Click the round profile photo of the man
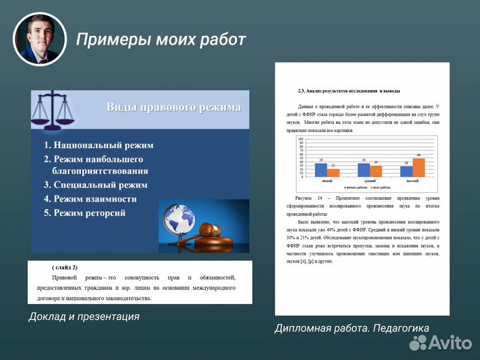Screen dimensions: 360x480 click(x=40, y=39)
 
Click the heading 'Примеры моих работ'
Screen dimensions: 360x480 click(x=161, y=39)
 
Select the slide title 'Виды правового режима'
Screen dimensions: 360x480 click(x=173, y=107)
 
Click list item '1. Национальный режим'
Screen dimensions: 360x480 click(x=99, y=145)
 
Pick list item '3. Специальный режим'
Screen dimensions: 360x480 click(x=95, y=185)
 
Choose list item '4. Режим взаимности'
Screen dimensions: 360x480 click(x=90, y=199)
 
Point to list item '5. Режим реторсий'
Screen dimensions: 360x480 click(x=85, y=213)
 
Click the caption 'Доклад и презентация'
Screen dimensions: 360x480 click(x=84, y=317)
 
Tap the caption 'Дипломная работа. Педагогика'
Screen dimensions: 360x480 click(x=352, y=327)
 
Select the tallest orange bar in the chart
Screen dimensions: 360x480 click(x=419, y=167)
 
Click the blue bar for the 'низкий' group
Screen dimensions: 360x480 click(x=321, y=170)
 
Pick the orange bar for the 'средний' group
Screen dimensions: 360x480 click(x=376, y=171)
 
